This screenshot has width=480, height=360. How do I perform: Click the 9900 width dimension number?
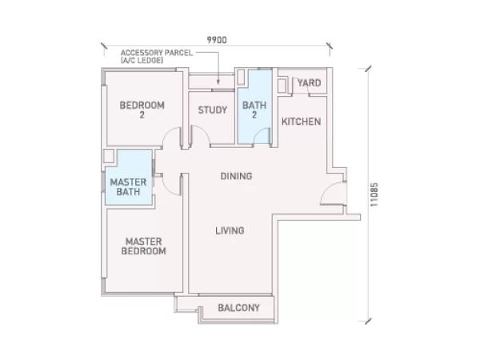point(217,40)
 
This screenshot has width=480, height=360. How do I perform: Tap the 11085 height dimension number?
point(374,194)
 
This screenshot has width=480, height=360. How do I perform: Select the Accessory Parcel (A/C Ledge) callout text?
point(157,56)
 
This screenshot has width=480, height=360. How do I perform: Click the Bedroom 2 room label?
point(142,110)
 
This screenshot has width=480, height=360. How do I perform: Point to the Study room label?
point(213,110)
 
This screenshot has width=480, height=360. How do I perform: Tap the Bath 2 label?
point(254,110)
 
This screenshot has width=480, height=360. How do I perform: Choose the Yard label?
point(309,82)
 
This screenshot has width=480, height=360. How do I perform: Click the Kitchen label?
point(302,122)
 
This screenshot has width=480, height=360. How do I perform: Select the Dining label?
point(236,176)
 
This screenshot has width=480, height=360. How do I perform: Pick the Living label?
point(230,230)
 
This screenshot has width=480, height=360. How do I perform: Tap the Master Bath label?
point(128,187)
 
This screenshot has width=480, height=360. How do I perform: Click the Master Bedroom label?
point(143,246)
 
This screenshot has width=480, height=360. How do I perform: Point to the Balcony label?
point(238,308)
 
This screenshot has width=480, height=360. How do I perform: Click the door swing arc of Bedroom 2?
point(168,131)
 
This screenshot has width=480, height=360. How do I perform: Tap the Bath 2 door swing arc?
point(258,132)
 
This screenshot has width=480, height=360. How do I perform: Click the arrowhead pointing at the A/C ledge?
point(218,82)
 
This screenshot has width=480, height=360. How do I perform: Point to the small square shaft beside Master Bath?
point(109,156)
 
